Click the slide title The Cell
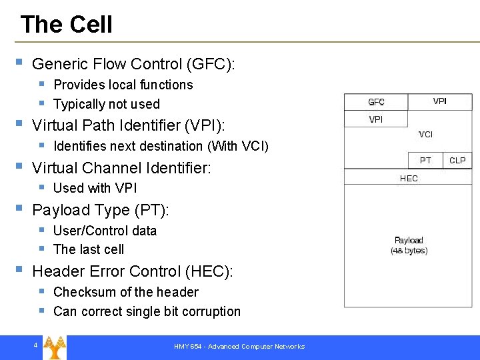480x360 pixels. (67, 25)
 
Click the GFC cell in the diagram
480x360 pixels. (376, 102)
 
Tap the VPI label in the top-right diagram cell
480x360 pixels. (440, 101)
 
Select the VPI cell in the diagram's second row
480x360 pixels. (376, 119)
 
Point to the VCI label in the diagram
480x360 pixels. (425, 135)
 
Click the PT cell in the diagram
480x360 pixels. (425, 161)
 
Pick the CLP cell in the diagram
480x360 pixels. (457, 161)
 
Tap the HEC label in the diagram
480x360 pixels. (409, 178)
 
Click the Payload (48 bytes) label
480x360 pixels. (409, 245)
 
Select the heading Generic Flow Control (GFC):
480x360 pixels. (133, 64)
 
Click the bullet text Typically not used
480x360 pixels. (107, 104)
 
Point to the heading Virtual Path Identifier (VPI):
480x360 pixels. (129, 125)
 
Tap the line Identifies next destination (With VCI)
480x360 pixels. (161, 146)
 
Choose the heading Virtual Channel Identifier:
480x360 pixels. (121, 167)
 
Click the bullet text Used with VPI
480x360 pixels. (95, 188)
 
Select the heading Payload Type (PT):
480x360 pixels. (101, 210)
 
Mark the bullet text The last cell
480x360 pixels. (89, 249)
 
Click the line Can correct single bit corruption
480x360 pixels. (147, 311)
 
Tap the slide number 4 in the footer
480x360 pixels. (35, 345)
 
